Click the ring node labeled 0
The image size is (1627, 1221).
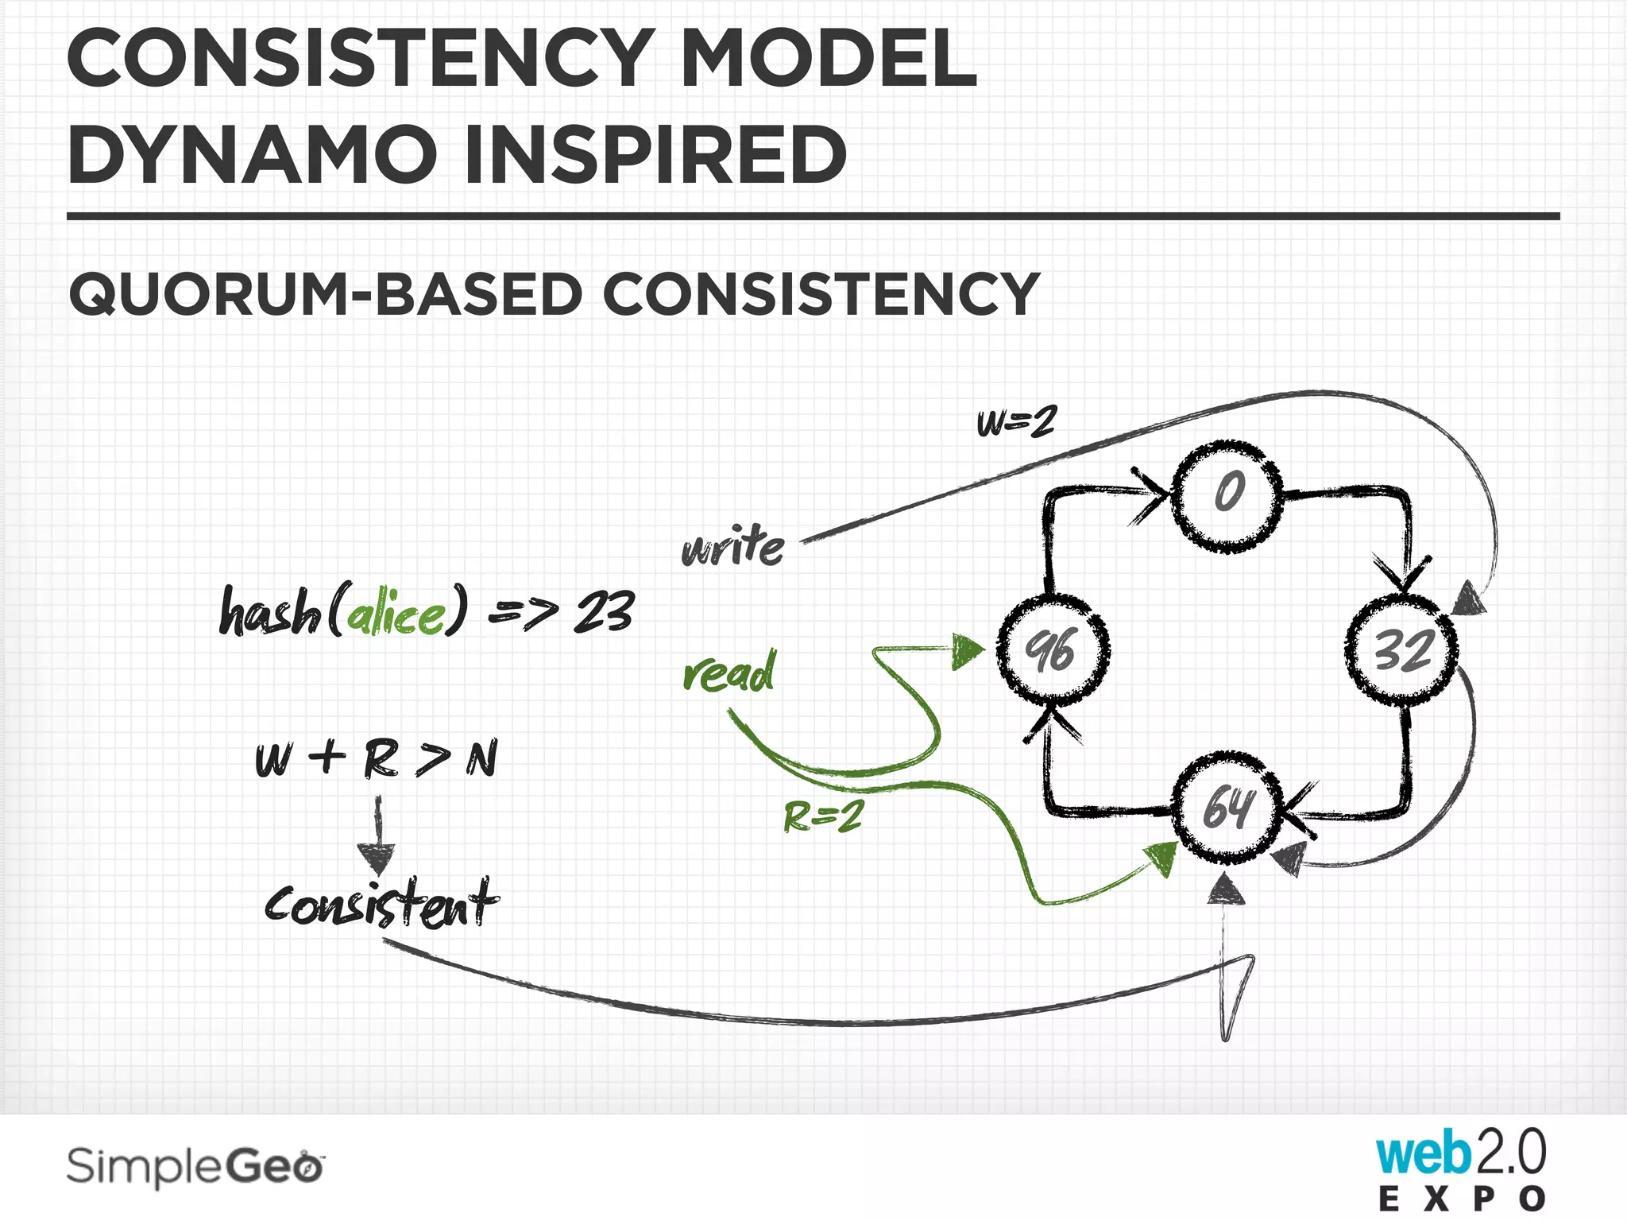pyautogui.click(x=1227, y=494)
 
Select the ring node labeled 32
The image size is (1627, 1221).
pyautogui.click(x=1402, y=650)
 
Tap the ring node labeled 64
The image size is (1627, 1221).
pyautogui.click(x=1227, y=808)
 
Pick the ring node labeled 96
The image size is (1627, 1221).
pyautogui.click(x=1053, y=650)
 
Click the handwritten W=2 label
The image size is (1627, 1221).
pyautogui.click(x=1016, y=421)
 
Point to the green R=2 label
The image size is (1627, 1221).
pyautogui.click(x=822, y=816)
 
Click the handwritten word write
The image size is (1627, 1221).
pyautogui.click(x=732, y=547)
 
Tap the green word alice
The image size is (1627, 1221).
pyautogui.click(x=396, y=614)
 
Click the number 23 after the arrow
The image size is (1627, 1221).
pyautogui.click(x=605, y=612)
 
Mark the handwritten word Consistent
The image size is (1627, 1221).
pyautogui.click(x=381, y=904)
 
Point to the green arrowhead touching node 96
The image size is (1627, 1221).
pyautogui.click(x=967, y=652)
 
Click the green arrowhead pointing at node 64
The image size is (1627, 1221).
pyautogui.click(x=1161, y=859)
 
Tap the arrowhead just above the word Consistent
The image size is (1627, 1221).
pyautogui.click(x=376, y=859)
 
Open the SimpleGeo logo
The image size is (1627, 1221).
pyautogui.click(x=195, y=1167)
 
